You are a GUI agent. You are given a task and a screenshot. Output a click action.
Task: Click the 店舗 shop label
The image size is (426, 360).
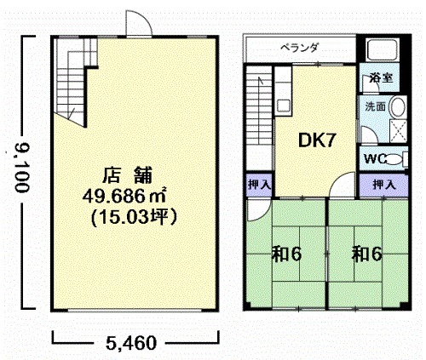(127, 175)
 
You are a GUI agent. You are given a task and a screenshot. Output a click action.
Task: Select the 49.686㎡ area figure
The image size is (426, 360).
(124, 196)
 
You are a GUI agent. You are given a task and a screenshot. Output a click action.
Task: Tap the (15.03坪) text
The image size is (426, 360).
(134, 218)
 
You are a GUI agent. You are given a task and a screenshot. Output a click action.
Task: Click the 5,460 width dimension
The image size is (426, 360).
(131, 343)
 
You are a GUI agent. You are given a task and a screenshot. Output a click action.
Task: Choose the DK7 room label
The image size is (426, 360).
(317, 140)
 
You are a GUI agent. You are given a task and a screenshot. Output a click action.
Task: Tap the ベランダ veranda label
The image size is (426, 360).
(299, 48)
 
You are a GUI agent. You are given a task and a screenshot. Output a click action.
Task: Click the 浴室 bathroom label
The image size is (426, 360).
(381, 77)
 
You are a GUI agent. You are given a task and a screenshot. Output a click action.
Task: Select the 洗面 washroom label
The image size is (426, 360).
(375, 106)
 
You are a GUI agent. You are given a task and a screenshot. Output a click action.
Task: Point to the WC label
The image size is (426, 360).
(375, 159)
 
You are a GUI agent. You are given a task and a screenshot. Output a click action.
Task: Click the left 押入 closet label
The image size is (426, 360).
(259, 185)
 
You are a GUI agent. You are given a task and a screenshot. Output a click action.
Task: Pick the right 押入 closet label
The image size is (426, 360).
(384, 185)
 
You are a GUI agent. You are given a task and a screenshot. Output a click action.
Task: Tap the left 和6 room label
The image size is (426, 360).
(287, 254)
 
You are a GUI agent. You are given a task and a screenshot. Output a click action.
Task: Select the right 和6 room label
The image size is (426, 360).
(367, 254)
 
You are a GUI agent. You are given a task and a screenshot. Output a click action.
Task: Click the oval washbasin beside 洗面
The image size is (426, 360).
(397, 107)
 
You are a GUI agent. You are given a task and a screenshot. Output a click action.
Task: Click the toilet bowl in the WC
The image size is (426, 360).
(395, 159)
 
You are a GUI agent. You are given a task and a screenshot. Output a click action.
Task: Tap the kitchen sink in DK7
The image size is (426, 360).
(283, 106)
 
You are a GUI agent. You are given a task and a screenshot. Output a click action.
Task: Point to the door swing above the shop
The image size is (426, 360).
(139, 23)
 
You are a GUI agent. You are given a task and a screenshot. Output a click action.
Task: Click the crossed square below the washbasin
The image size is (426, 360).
(398, 130)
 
